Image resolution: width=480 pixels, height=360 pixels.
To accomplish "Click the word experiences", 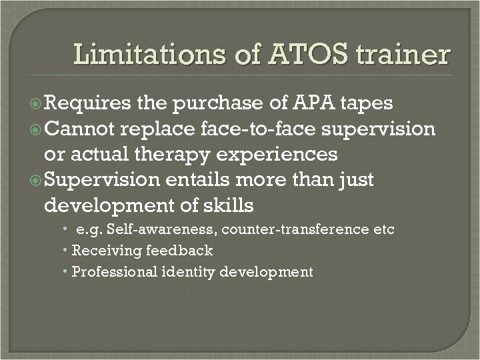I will point(280,155).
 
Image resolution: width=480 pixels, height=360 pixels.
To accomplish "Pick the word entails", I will point(197,180).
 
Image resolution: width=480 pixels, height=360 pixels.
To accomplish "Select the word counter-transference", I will point(297,230).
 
